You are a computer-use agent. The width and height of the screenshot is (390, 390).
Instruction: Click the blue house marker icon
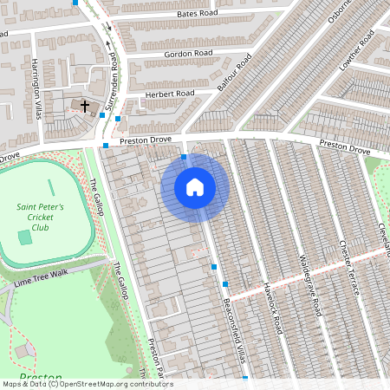pyautogui.click(x=195, y=186)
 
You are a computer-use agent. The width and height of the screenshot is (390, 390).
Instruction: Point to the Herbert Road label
pyautogui.click(x=172, y=94)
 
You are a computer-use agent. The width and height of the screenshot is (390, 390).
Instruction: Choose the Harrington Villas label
pyautogui.click(x=36, y=82)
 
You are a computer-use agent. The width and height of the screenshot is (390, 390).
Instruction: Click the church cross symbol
pyautogui.click(x=85, y=106)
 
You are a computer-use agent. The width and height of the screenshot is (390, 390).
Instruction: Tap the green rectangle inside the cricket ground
pyautogui.click(x=25, y=237)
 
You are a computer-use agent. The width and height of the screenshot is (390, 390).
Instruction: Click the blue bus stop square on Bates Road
pyautogui.click(x=76, y=3)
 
